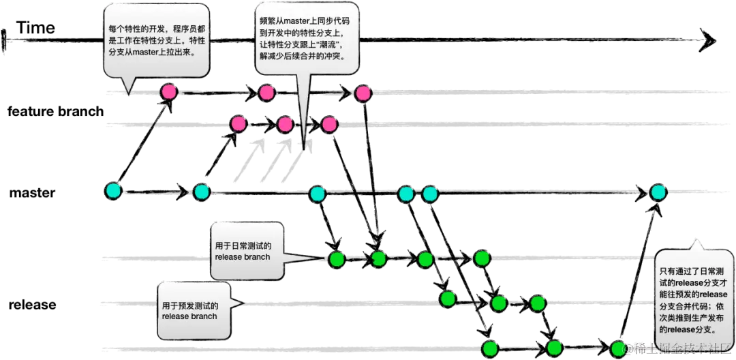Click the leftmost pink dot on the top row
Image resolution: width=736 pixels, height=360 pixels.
[168, 91]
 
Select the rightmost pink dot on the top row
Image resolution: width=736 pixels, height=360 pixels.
[363, 93]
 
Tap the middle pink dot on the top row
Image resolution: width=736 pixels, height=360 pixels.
[266, 92]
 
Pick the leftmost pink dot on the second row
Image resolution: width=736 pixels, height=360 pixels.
[239, 123]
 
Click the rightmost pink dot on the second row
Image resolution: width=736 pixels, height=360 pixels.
[329, 124]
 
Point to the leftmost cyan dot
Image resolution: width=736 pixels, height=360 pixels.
[114, 190]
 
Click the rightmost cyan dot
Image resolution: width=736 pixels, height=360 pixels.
[658, 192]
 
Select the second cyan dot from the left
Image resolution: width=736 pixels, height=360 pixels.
[201, 192]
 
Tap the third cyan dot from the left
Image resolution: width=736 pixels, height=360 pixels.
[317, 194]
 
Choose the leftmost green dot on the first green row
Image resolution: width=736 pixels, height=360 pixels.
[337, 259]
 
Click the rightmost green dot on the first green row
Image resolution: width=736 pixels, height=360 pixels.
[482, 258]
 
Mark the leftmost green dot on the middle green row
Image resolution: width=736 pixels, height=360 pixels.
[447, 299]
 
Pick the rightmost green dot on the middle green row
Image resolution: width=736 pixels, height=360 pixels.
[538, 303]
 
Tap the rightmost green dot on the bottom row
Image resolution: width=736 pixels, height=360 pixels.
[617, 348]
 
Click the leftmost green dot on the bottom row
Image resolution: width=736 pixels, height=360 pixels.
[490, 348]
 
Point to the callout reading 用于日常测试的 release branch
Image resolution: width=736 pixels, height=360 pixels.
[246, 251]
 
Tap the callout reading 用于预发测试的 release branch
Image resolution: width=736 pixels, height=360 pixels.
[193, 310]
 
